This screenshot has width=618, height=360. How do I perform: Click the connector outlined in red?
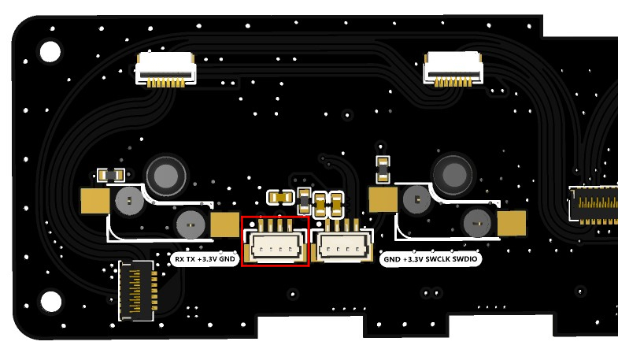click(x=275, y=242)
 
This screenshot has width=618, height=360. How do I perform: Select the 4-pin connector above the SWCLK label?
click(x=341, y=242)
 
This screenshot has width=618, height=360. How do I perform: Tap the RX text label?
click(x=180, y=258)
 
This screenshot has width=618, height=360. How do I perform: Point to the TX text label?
click(x=191, y=258)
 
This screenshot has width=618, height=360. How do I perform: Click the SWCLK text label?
click(x=439, y=258)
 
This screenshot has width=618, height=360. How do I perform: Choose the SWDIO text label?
click(x=466, y=258)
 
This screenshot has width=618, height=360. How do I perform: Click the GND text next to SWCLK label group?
click(x=390, y=258)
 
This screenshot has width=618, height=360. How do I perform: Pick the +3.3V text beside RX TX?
click(x=207, y=258)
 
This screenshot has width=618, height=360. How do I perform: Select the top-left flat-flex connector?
click(x=165, y=69)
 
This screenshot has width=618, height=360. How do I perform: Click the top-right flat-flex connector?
click(x=452, y=69)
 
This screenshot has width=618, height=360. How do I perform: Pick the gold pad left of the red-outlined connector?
click(x=224, y=225)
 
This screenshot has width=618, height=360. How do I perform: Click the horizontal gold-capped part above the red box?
click(x=279, y=196)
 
